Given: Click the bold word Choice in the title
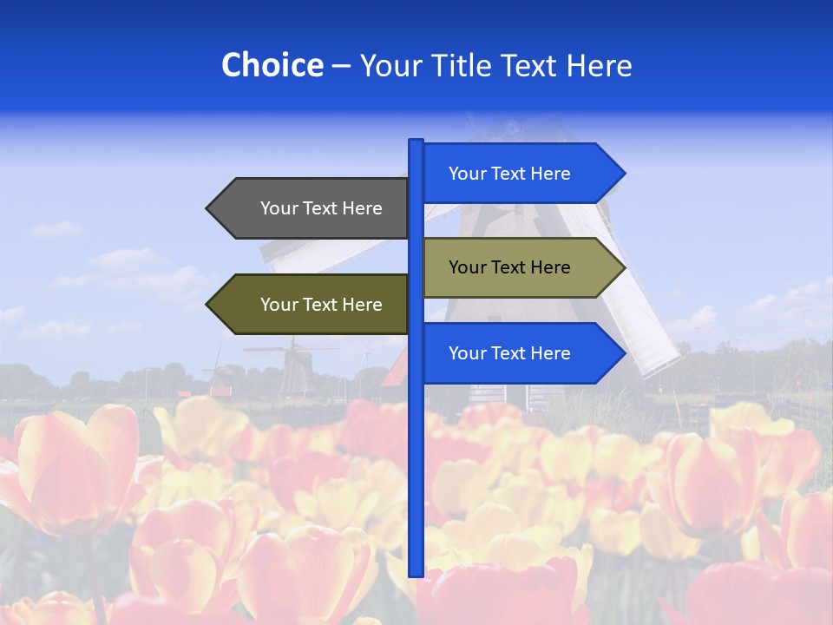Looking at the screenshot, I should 272,65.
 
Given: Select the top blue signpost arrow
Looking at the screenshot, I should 521,174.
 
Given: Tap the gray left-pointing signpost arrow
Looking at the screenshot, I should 312,208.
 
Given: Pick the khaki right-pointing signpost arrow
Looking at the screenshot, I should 521,267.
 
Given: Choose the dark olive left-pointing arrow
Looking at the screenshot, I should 312,305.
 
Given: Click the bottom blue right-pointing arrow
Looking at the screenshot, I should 521,353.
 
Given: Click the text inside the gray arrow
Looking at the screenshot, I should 321,208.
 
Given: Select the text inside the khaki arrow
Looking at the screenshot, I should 509,267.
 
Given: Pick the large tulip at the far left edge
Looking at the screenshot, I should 69,469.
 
